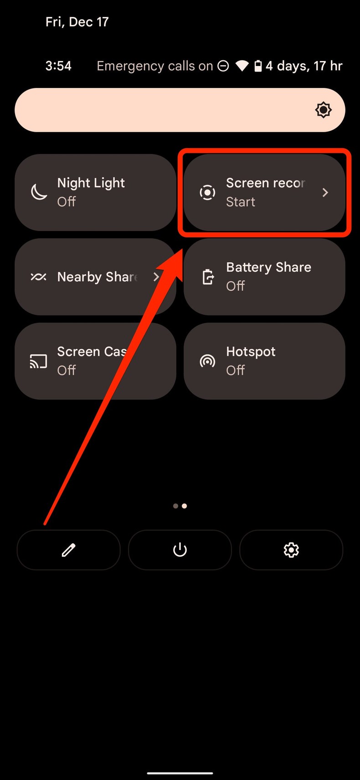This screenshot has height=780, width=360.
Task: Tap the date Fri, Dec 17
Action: (77, 22)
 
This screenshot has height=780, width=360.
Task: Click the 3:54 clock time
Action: (58, 66)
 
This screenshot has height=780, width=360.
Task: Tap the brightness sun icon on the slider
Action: (323, 110)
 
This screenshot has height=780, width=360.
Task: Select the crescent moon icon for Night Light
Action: (39, 192)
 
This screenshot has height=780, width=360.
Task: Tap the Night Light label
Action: (91, 183)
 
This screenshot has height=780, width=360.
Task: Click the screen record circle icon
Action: (207, 192)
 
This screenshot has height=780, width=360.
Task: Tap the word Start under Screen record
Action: (241, 202)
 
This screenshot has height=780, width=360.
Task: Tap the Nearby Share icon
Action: (38, 277)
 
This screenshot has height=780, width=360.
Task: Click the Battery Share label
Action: (268, 267)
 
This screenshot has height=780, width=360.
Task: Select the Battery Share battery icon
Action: (208, 277)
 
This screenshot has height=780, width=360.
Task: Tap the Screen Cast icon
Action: (38, 361)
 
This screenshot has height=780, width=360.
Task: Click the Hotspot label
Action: (251, 352)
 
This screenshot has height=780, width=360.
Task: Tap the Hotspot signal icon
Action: (207, 361)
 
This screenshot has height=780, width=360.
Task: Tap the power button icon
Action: (180, 550)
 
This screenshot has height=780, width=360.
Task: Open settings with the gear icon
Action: (291, 550)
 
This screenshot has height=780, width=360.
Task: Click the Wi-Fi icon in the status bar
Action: (242, 66)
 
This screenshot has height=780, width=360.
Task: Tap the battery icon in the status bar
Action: (258, 66)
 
